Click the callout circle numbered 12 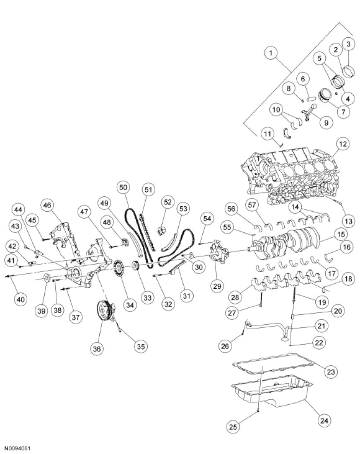coord(343,145)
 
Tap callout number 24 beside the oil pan coord(324,421)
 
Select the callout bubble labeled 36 coord(97,349)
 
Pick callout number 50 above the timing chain coord(123,187)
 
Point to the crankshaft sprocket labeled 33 coord(135,266)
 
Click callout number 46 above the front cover coord(48,205)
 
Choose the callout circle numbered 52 coord(167,203)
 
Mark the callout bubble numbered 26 coord(226,345)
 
